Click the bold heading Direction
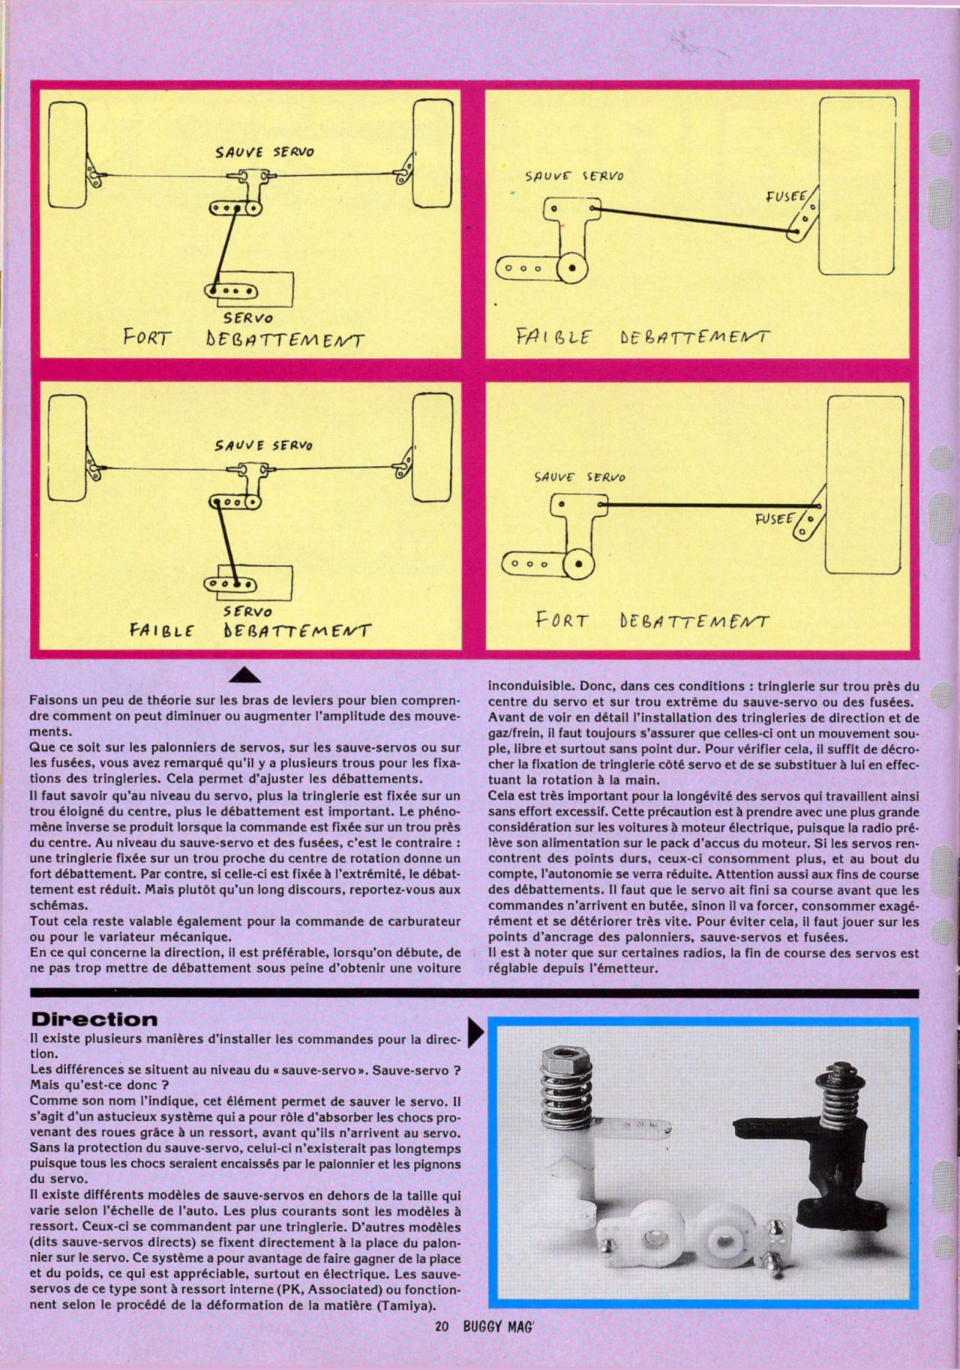94,1020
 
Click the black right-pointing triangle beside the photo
475,1032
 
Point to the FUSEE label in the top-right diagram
785,197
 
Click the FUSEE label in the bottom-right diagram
774,518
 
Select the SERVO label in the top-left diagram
247,318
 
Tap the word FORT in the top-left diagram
147,338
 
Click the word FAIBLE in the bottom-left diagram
161,630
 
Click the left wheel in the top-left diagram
67,155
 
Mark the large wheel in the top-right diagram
857,185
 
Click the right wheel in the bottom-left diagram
433,448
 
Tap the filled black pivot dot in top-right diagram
573,267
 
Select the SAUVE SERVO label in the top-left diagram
265,152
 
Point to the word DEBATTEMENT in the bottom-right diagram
694,622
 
